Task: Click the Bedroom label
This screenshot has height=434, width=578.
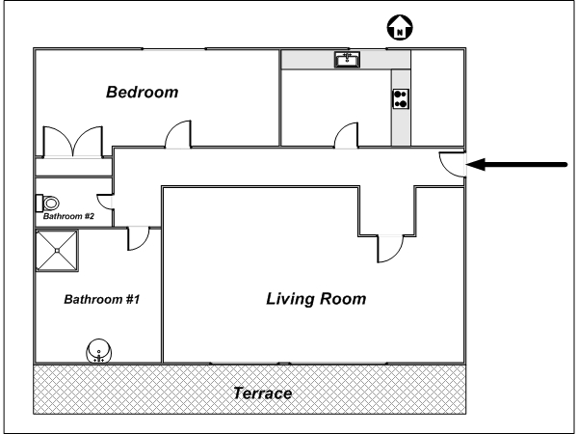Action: tap(143, 93)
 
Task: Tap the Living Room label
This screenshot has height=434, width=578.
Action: tap(316, 299)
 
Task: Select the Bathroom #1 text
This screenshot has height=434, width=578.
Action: tap(102, 299)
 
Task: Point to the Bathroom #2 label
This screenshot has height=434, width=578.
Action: tap(69, 216)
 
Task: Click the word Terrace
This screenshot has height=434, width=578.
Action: tap(262, 393)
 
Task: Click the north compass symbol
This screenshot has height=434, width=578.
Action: tap(400, 28)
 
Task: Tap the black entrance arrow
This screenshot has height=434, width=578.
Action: tap(516, 165)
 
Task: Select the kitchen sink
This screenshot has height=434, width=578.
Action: tap(347, 60)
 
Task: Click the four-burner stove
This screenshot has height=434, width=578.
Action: tap(401, 99)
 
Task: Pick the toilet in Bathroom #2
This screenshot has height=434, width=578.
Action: tap(47, 203)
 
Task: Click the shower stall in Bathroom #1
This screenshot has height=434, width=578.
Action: tap(57, 251)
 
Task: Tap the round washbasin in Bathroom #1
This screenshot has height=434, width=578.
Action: tap(99, 351)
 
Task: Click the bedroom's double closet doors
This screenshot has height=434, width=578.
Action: tap(73, 142)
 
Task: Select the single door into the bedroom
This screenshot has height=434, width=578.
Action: tap(178, 135)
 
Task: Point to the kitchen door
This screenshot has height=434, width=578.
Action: tap(347, 136)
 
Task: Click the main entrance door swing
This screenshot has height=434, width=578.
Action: tap(453, 164)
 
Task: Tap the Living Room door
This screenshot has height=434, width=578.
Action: tap(391, 249)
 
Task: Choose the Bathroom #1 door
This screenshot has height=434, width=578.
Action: tap(139, 239)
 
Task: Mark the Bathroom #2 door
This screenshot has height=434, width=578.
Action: tap(105, 202)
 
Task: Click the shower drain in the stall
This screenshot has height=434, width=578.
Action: tap(57, 251)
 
